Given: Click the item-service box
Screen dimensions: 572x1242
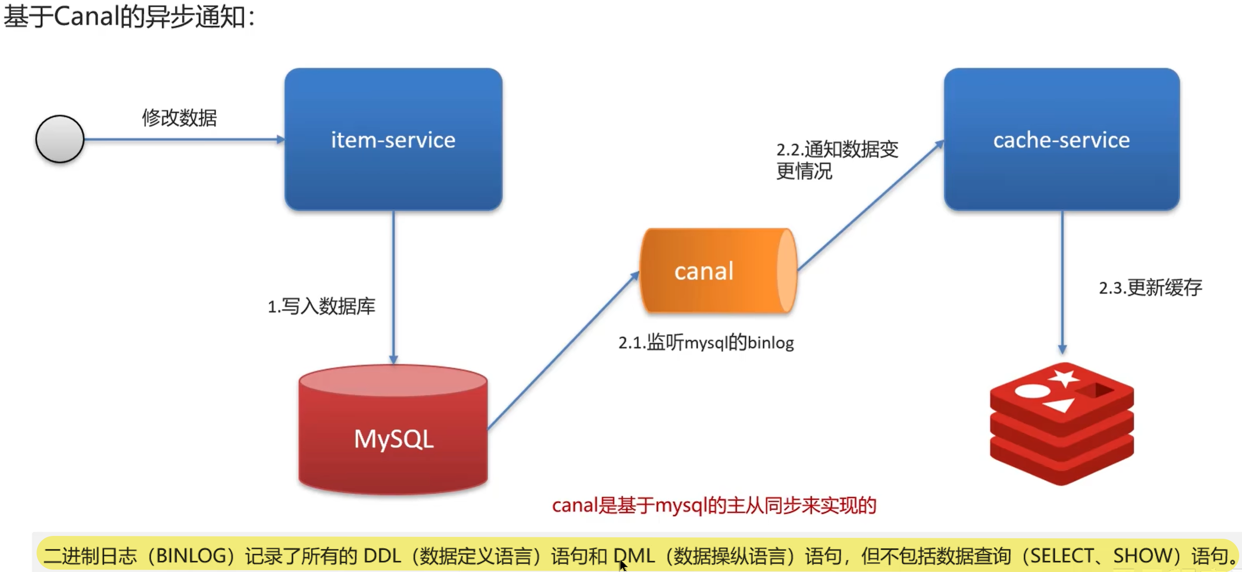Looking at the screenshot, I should coord(393,139).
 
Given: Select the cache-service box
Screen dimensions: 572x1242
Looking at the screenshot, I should coord(1061,139).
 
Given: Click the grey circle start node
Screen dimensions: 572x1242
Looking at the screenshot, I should coord(60,139).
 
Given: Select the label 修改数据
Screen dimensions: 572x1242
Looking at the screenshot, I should coord(180,118).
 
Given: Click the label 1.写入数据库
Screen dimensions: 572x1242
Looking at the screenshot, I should coord(321,306).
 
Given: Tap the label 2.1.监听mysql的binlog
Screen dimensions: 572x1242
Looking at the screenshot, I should coord(706,342).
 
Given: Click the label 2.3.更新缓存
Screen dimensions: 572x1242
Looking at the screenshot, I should coord(1150,288).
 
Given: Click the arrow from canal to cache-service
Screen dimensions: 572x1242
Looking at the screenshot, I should coord(870,206).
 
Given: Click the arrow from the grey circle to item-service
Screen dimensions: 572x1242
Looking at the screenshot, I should coord(183,140).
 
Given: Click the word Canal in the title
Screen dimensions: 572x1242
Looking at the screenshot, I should coord(86,17).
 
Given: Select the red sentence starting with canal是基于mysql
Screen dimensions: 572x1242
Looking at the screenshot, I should coord(714,505).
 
